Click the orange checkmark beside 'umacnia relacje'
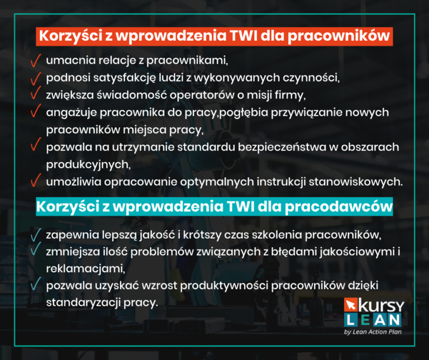[x=36, y=59]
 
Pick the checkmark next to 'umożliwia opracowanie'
[x=36, y=181]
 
